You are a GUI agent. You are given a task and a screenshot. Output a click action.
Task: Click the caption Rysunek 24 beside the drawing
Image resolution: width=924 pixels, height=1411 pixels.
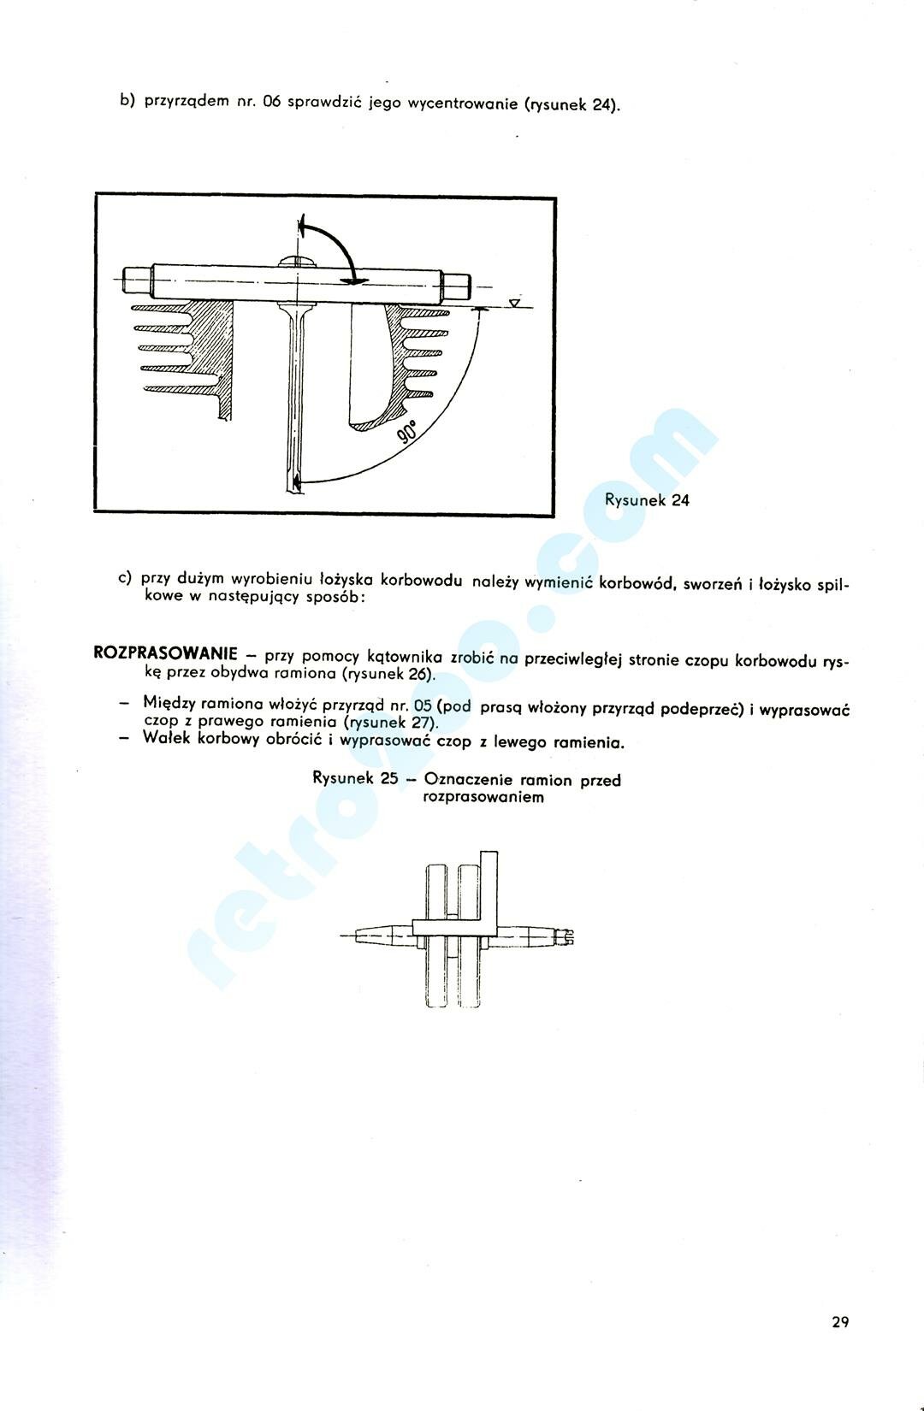[647, 500]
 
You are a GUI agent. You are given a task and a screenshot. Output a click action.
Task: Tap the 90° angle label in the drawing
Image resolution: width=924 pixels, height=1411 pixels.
[408, 433]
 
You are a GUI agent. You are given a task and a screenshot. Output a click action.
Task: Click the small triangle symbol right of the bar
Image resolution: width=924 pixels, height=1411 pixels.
[513, 303]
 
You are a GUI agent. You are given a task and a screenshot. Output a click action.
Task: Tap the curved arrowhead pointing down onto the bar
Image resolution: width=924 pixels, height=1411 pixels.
[352, 279]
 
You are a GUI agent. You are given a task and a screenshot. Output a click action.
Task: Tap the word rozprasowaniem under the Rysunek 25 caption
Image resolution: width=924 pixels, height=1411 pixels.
[483, 797]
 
